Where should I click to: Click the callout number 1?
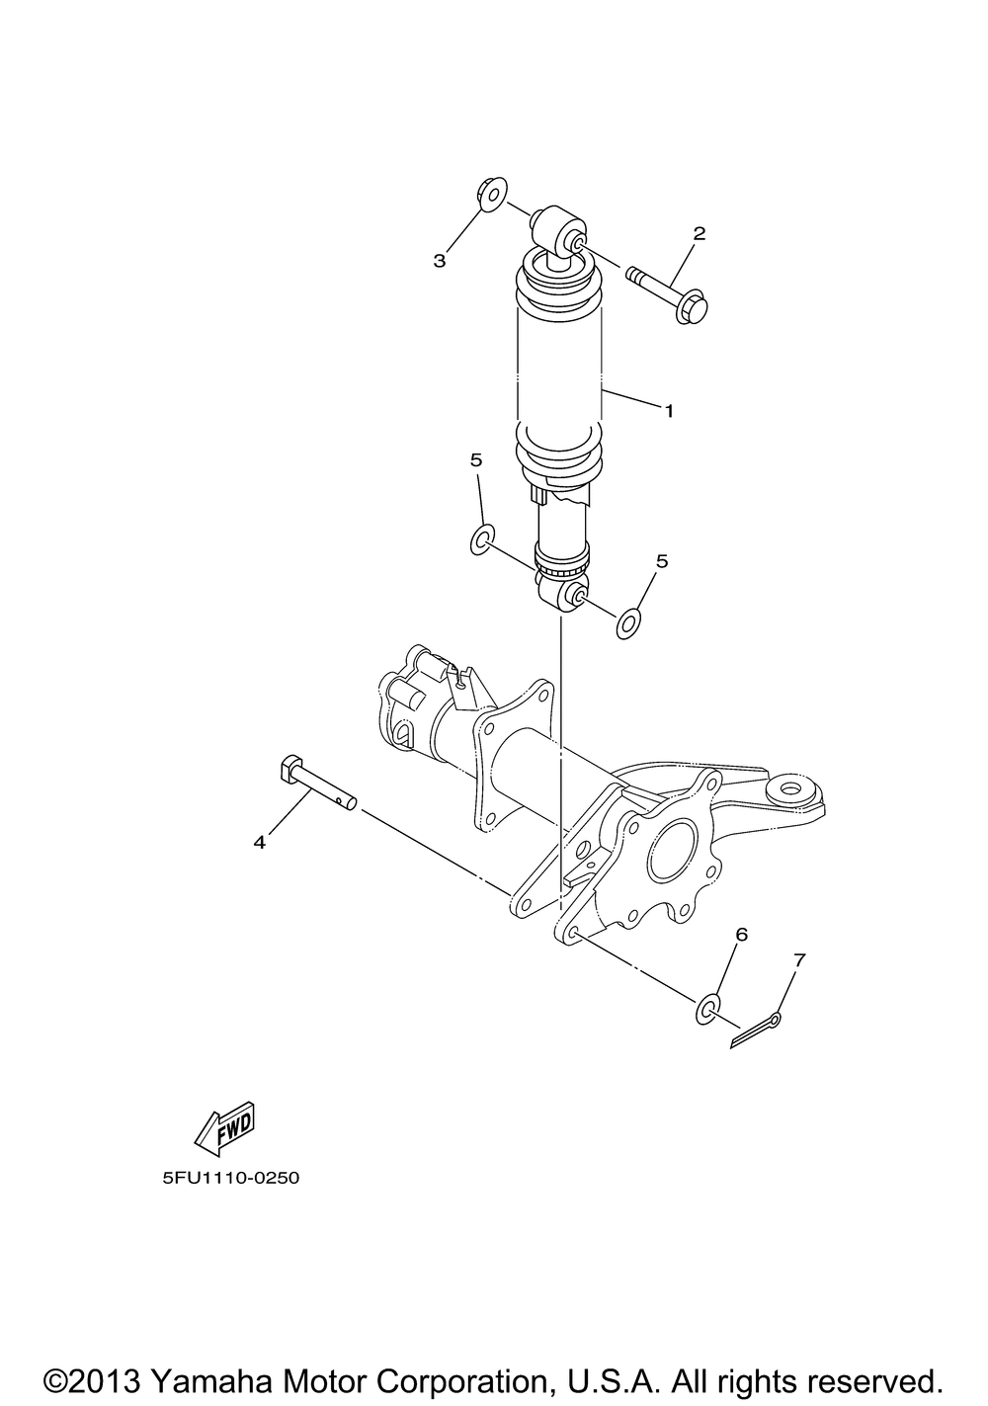click(x=669, y=410)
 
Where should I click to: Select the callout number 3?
click(x=440, y=261)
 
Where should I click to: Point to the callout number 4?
click(x=260, y=842)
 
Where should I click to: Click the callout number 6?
click(x=741, y=934)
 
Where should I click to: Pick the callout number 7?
click(x=798, y=958)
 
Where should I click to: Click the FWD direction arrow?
click(x=226, y=1127)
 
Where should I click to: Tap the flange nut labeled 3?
click(x=489, y=194)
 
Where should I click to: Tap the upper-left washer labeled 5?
click(x=481, y=539)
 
